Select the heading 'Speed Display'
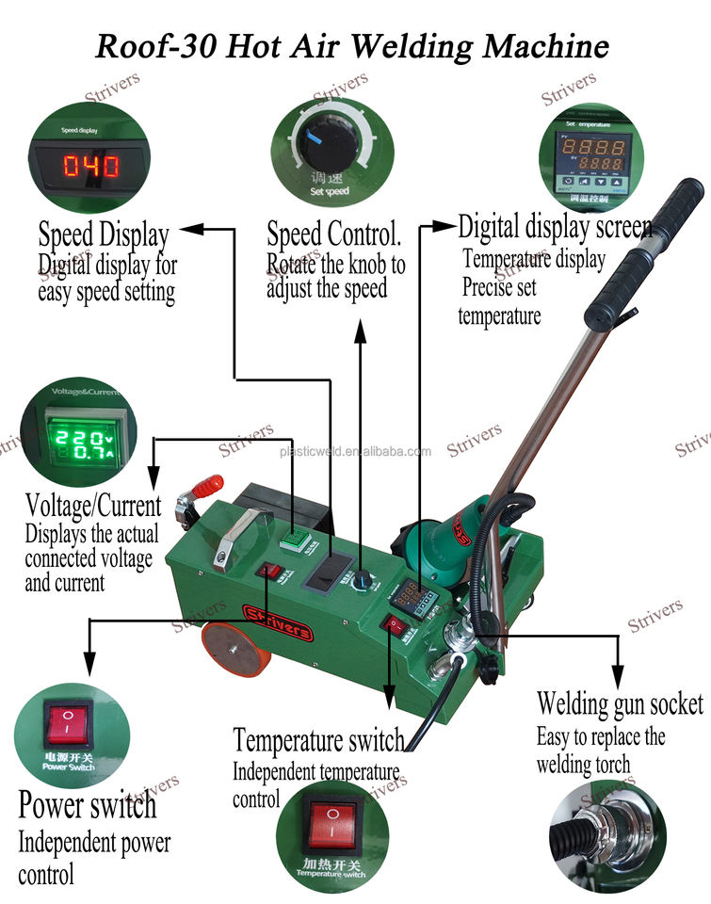(x=104, y=234)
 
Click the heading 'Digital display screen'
(x=555, y=226)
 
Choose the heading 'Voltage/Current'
(x=93, y=505)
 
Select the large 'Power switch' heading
(x=88, y=805)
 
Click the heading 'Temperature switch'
(x=318, y=740)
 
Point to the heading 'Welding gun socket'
(x=620, y=702)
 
